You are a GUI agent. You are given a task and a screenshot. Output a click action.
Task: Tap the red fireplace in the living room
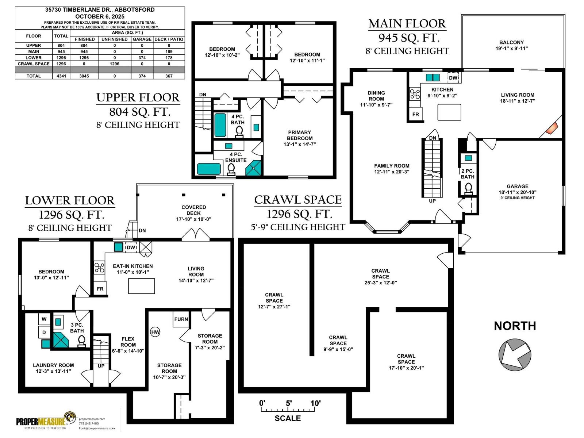point(552,128)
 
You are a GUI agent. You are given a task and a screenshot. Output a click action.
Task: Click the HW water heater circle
point(155,332)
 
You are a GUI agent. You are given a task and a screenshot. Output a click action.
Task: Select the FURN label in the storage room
point(181,319)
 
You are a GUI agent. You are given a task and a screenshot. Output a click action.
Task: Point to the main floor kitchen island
point(449,112)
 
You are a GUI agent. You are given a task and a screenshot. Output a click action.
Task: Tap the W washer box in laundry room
point(44,319)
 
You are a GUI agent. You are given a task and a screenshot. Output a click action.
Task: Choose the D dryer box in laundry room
point(44,332)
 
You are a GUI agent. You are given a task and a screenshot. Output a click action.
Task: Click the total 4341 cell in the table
point(61,76)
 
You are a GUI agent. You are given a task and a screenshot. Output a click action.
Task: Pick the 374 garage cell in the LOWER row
point(142,58)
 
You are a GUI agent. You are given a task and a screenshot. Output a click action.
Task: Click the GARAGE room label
point(517,186)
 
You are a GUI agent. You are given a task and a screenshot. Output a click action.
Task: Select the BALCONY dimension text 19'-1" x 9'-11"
point(511,48)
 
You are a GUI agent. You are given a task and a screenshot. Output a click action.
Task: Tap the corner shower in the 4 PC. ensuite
point(254,168)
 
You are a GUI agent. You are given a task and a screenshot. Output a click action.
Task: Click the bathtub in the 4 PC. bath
point(220,125)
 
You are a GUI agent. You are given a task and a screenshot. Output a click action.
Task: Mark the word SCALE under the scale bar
point(288,418)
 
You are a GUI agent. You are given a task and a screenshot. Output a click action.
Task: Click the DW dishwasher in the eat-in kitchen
point(131,247)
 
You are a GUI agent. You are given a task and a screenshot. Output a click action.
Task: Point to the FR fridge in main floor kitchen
point(415,114)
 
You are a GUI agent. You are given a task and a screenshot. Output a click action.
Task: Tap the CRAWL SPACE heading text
point(298,200)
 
